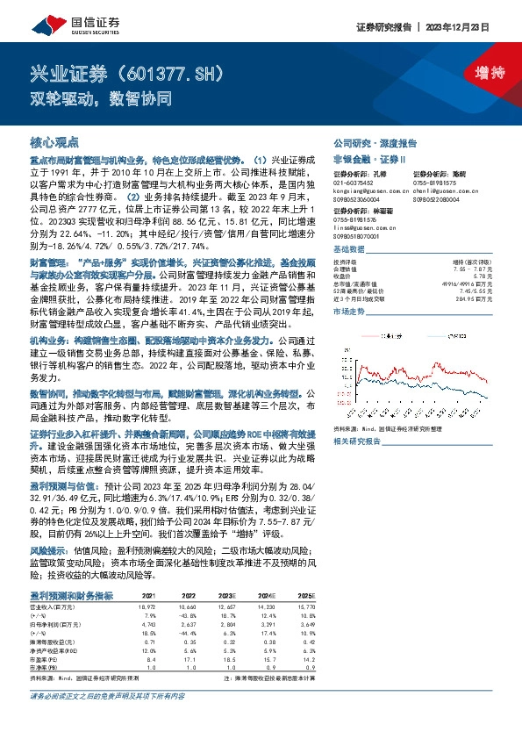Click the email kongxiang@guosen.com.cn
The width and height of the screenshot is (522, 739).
coord(371,190)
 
